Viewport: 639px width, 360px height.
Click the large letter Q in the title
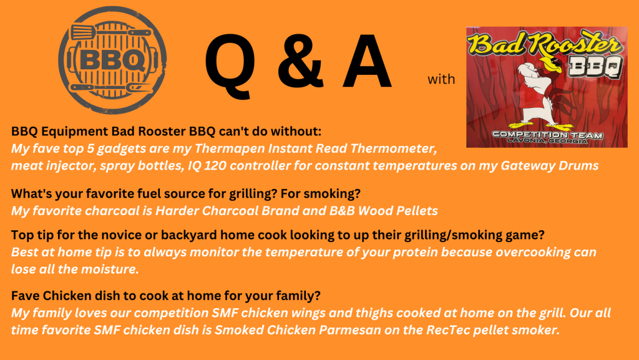(x=231, y=65)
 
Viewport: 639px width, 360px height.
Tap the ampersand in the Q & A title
(x=300, y=61)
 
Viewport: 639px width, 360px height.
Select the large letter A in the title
(x=367, y=61)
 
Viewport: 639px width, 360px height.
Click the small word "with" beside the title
(x=441, y=79)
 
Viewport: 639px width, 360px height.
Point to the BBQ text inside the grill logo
(x=112, y=61)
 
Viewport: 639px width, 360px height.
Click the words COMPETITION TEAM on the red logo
(x=547, y=135)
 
